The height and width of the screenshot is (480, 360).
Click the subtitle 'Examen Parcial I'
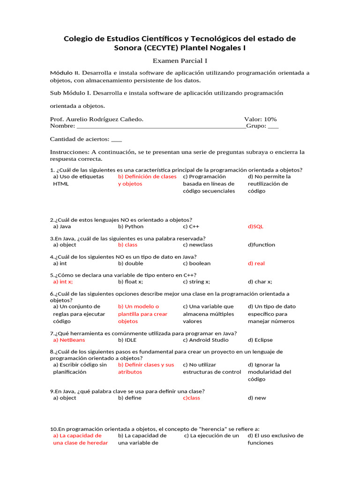(x=180, y=60)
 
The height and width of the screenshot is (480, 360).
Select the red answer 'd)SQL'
(x=255, y=226)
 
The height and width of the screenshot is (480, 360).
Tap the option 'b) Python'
(x=131, y=226)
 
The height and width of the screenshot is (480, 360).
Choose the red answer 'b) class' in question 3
(x=127, y=245)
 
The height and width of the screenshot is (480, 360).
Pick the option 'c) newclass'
(x=198, y=245)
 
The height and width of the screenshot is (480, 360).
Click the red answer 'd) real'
(x=256, y=263)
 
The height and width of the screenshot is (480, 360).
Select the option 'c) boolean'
(x=197, y=263)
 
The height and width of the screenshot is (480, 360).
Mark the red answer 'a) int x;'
(x=63, y=282)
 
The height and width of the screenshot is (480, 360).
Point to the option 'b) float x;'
(x=130, y=282)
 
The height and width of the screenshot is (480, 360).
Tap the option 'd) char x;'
(x=260, y=282)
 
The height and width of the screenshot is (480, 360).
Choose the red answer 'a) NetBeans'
(x=69, y=340)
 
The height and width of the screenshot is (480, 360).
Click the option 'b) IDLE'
(x=127, y=340)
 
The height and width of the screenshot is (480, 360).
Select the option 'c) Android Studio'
(x=206, y=340)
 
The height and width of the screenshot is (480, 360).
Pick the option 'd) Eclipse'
(x=260, y=340)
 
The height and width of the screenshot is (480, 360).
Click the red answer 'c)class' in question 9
(x=191, y=398)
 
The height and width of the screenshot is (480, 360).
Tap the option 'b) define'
(x=129, y=398)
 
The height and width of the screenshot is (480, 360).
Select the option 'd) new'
(x=256, y=398)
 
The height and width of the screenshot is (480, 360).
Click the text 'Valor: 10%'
(x=260, y=119)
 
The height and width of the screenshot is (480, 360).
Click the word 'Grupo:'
(x=256, y=126)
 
